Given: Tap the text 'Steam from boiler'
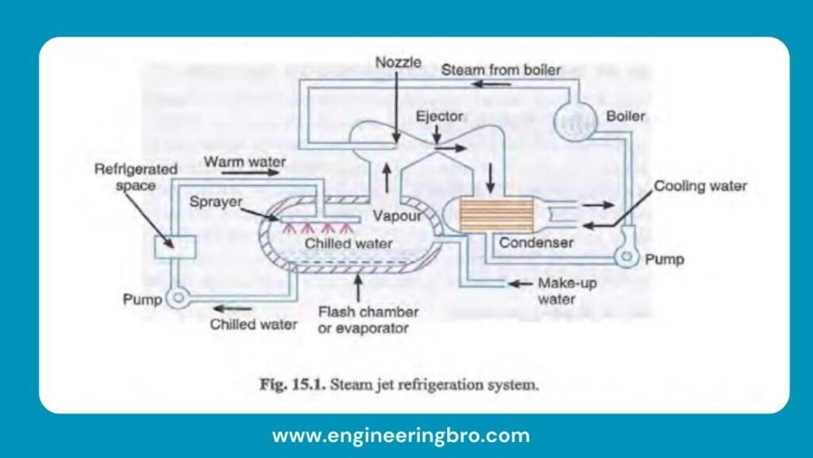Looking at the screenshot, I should (x=501, y=70).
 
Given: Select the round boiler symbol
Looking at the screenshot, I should (x=571, y=119).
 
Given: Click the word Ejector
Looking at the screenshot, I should (x=439, y=117).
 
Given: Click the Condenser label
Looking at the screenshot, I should (x=536, y=243).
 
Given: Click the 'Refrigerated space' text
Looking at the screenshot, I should (x=136, y=177).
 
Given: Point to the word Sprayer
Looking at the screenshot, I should (x=214, y=202).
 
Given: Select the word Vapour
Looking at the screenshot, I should (x=394, y=215).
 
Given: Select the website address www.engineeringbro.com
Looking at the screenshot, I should (x=401, y=436).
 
